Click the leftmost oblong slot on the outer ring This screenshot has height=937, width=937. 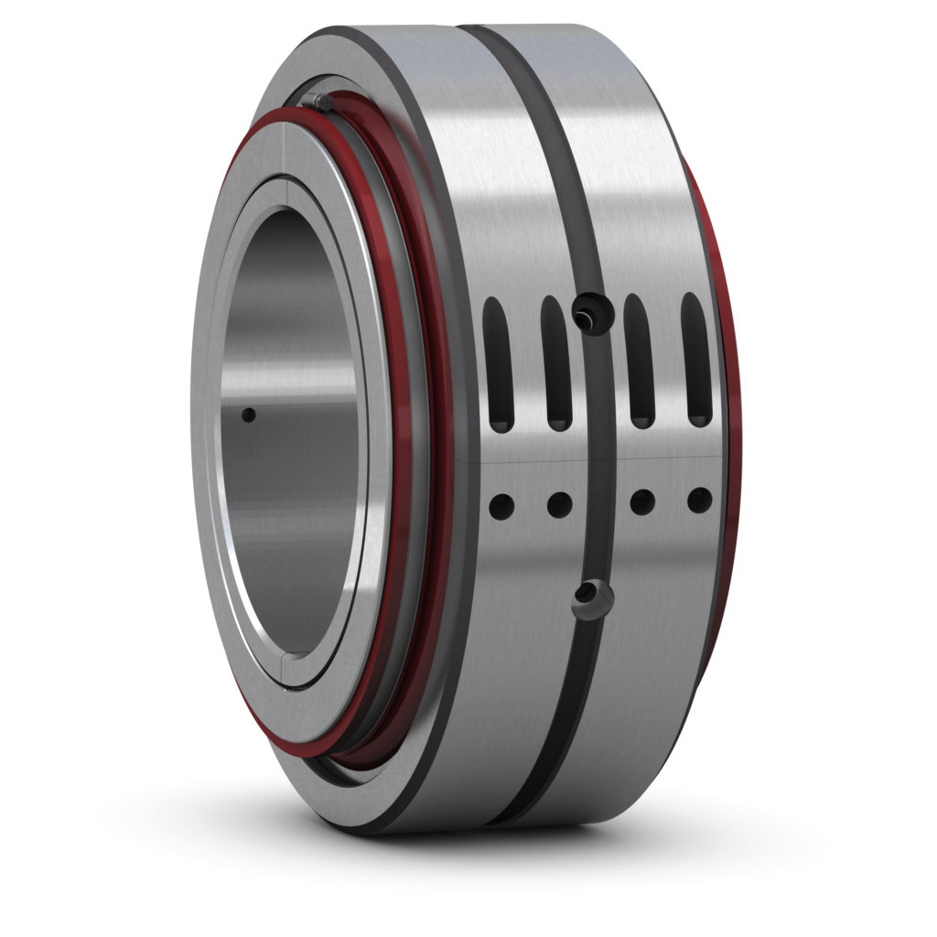[499, 364]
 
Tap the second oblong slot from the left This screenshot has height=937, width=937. [555, 362]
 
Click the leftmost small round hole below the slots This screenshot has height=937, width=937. [501, 504]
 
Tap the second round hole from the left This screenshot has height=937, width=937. [559, 503]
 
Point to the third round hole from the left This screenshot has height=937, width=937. [642, 501]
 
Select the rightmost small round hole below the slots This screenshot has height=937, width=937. [699, 500]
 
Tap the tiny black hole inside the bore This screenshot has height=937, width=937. [248, 415]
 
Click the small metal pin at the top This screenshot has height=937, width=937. [318, 101]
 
